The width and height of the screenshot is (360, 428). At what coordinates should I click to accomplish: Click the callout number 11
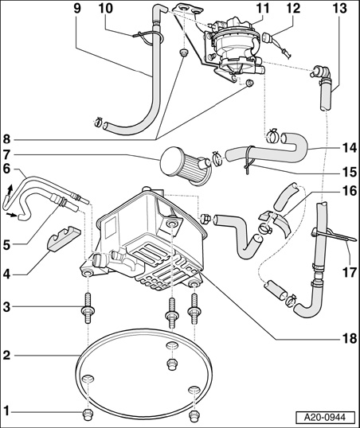262,8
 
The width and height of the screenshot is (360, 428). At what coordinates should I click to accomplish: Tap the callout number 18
349,338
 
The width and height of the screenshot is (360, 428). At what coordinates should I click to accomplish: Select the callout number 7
6,155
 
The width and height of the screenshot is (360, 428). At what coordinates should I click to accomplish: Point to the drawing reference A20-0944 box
325,418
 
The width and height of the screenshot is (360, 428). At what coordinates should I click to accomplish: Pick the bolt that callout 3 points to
88,308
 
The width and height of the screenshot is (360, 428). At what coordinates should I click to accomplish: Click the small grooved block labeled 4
65,238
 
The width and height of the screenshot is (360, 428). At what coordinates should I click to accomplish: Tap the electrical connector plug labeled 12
267,37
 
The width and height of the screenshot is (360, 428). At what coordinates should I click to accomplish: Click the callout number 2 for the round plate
6,356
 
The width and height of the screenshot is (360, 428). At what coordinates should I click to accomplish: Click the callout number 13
340,8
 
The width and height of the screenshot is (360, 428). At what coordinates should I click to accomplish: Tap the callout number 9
77,8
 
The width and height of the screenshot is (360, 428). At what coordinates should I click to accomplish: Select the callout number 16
349,191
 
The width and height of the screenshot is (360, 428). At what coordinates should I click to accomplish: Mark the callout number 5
6,245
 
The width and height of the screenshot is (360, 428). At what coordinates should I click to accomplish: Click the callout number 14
349,148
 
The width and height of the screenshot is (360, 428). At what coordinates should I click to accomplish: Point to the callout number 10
106,8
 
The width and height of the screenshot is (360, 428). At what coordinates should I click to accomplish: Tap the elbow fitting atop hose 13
322,72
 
